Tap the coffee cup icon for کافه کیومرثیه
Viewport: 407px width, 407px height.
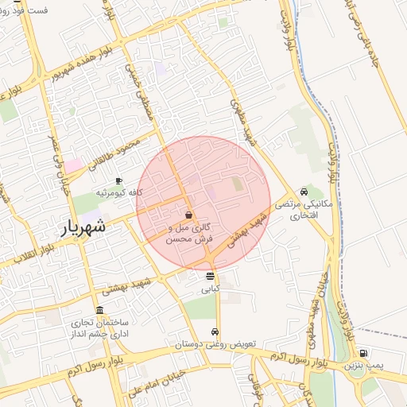point(119,180)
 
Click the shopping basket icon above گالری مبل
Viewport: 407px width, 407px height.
point(188,215)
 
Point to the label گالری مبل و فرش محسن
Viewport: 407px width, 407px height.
point(188,232)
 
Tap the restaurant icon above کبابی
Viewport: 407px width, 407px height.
point(209,277)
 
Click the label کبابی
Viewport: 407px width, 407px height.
point(209,289)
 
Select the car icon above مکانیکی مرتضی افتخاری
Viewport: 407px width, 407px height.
point(304,192)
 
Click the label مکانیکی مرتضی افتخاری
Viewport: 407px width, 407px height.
point(299,210)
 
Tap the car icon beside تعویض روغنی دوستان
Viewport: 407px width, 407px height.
point(215,332)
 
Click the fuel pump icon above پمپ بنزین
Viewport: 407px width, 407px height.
point(363,353)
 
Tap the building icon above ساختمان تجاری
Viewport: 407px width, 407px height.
point(99,310)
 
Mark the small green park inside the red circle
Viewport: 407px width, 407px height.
point(238,184)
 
